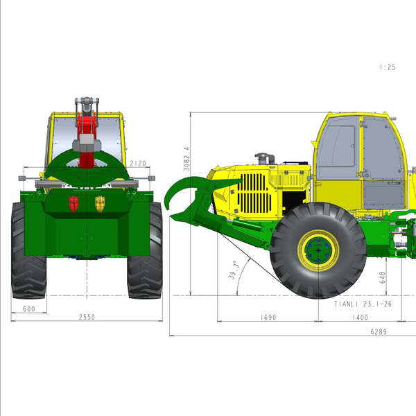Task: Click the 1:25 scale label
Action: (388, 67)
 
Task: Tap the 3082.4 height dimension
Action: (187, 159)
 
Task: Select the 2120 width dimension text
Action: (138, 164)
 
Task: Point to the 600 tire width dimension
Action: (29, 309)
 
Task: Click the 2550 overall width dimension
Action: (87, 317)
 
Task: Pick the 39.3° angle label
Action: (234, 270)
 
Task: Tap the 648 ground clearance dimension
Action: (382, 277)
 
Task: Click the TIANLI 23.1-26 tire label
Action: (363, 304)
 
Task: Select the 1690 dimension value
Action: (268, 318)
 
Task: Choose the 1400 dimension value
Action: (360, 318)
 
